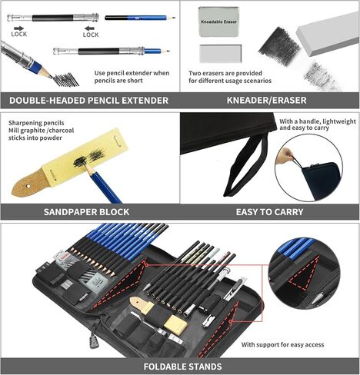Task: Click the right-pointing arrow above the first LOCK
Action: point(18,28)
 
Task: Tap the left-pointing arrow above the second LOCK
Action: point(89,28)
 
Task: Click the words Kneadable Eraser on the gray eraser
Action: point(218,22)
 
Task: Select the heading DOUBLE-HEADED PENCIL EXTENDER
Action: point(88,100)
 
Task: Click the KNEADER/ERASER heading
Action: point(266,100)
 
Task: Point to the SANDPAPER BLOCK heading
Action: point(86,212)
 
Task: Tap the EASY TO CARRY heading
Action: point(269,212)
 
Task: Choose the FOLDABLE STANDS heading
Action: point(182,367)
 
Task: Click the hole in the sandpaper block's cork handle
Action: point(28,186)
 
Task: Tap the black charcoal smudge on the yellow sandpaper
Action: point(88,158)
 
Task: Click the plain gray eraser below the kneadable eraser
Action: point(221,54)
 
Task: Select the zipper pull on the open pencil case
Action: point(93,341)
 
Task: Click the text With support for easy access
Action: point(282,344)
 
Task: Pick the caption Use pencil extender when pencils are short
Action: point(132,77)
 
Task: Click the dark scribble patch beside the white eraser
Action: point(279,47)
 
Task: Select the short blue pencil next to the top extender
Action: point(140,18)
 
